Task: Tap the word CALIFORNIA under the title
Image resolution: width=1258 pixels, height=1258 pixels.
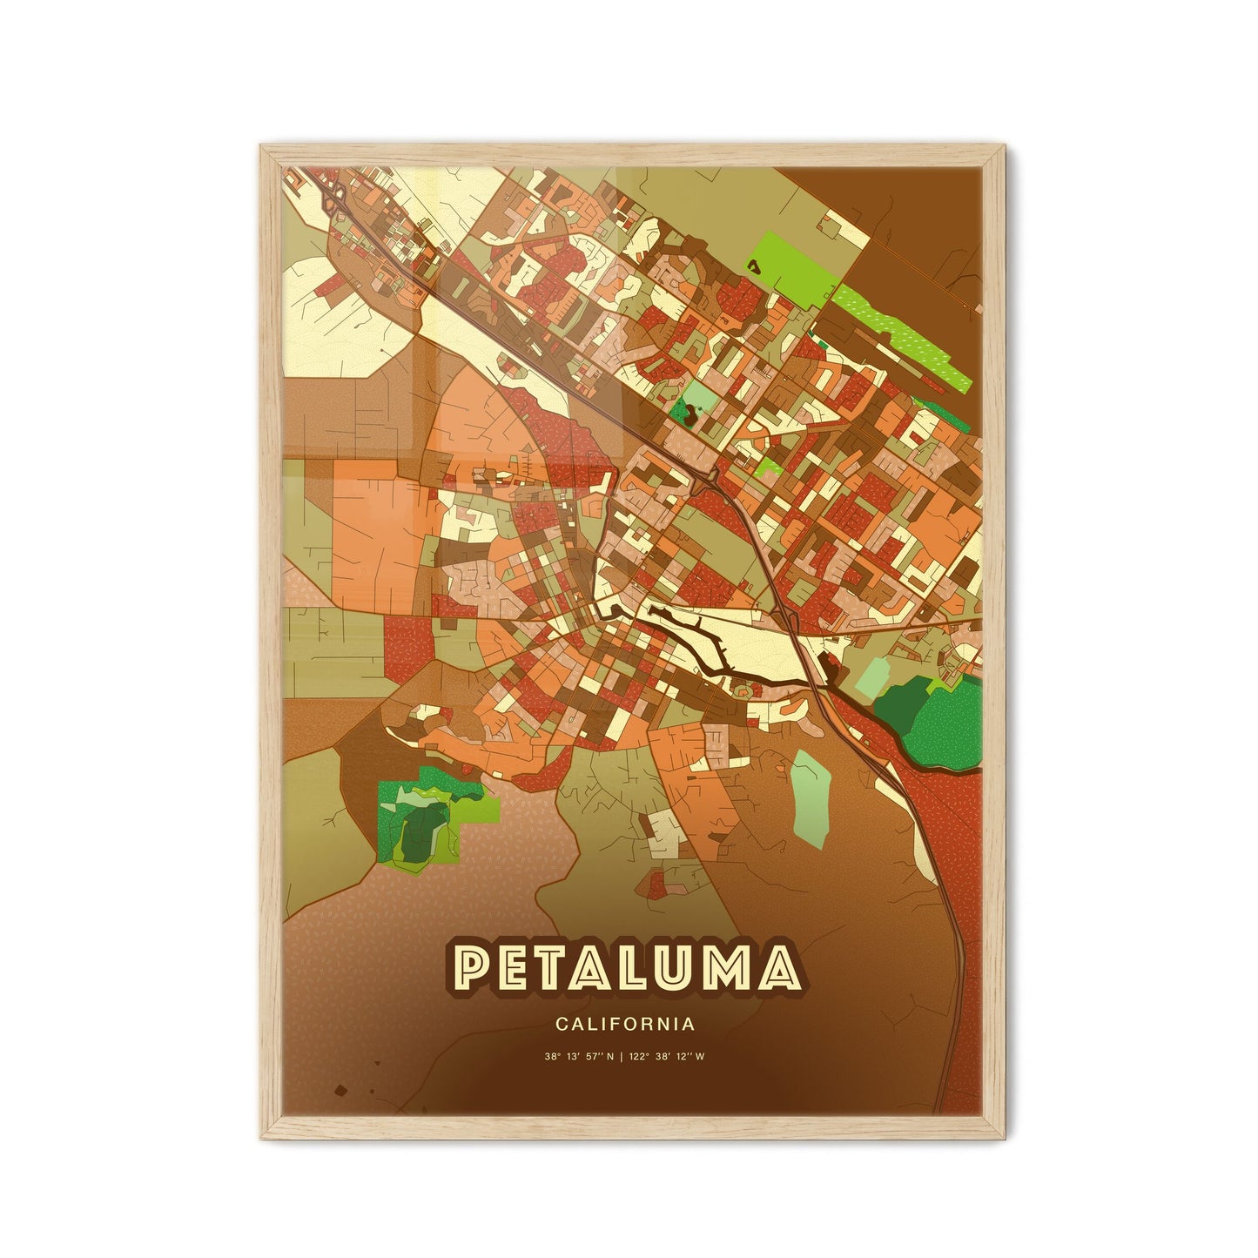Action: (623, 1024)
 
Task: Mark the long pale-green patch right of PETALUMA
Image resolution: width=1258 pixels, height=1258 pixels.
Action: (810, 791)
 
